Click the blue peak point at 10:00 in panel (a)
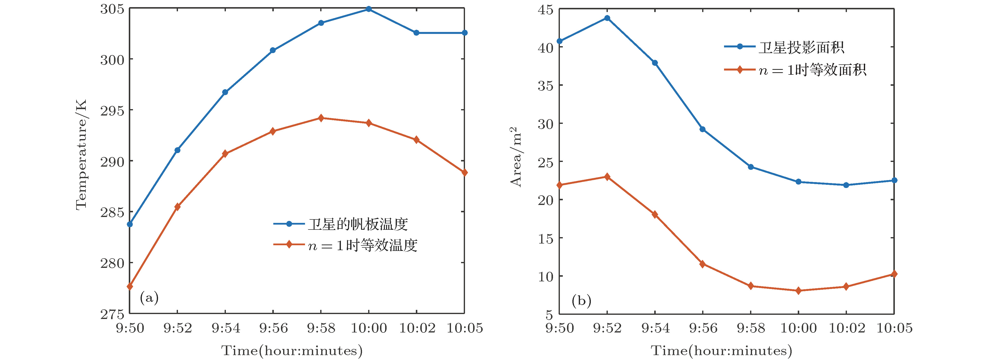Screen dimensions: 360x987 (369, 9)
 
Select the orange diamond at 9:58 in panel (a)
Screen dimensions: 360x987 (321, 118)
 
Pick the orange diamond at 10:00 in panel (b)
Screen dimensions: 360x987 (798, 291)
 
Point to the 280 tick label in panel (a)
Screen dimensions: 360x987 (112, 263)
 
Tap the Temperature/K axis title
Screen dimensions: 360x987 (81, 154)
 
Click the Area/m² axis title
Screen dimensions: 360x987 (516, 157)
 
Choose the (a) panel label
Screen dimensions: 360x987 (149, 298)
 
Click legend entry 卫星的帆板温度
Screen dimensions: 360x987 (358, 224)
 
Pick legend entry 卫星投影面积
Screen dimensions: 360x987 (801, 47)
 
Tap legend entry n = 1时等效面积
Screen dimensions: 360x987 (812, 70)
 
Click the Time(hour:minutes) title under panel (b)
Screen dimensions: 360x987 (722, 350)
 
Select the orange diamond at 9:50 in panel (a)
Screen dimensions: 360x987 (130, 287)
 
